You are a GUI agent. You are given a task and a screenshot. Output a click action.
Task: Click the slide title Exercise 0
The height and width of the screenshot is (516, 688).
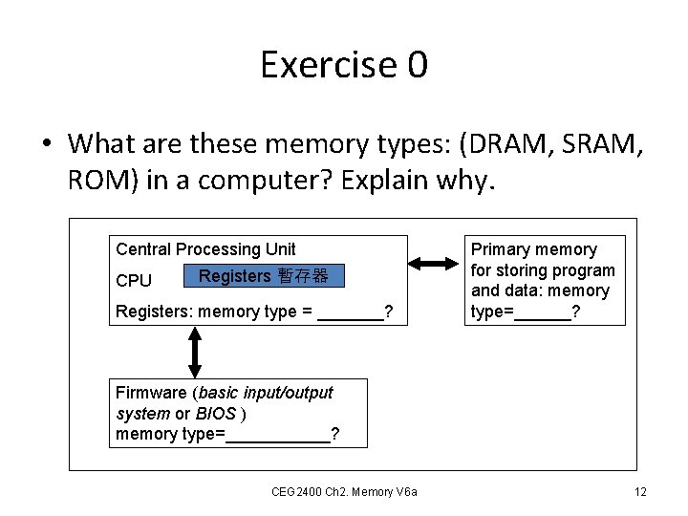[x=344, y=65]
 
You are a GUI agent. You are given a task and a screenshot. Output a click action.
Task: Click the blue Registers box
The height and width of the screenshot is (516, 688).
[x=263, y=277]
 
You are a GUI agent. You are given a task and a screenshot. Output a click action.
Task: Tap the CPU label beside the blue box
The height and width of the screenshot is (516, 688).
[x=134, y=281]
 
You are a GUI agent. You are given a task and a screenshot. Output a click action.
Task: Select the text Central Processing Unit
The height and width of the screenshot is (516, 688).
[x=205, y=249]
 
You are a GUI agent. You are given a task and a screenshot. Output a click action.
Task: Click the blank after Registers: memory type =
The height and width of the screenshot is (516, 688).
[x=350, y=312]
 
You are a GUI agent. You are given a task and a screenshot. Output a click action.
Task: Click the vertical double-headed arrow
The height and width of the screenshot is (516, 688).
[x=195, y=353]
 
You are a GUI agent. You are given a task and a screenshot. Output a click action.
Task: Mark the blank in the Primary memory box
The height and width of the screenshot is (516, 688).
[x=542, y=312]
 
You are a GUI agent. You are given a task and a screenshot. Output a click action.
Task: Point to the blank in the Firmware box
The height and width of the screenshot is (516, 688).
[x=278, y=436]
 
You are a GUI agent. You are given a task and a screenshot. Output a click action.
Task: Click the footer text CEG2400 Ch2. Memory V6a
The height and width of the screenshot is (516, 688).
[x=350, y=491]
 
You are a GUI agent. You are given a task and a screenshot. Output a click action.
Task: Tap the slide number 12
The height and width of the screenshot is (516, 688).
[x=640, y=491]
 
